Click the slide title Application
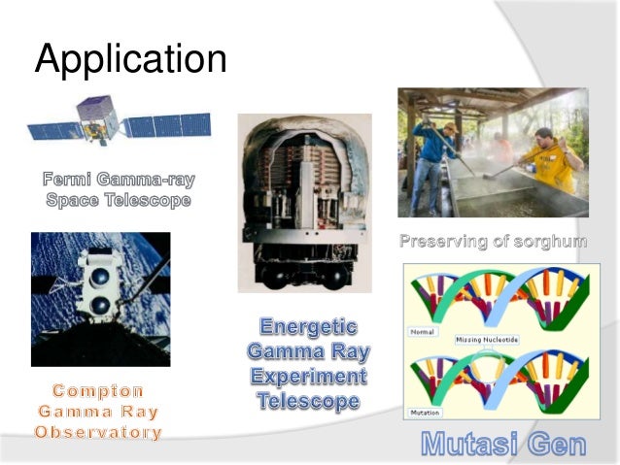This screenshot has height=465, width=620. coord(130,60)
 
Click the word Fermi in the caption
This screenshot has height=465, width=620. coord(73,180)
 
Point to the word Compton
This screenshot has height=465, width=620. coord(98,390)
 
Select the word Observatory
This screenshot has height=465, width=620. coord(98,432)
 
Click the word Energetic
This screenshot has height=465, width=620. coord(307,327)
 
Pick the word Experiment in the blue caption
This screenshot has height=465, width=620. coord(307,376)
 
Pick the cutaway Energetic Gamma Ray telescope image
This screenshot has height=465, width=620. coord(300,201)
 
